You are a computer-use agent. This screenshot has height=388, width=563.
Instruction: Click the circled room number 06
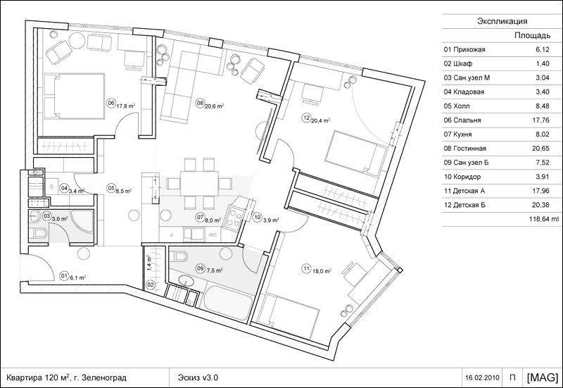(x=111, y=104)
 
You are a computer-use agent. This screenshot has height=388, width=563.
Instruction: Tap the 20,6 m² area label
(x=215, y=106)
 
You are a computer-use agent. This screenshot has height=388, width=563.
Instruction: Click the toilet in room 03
(x=37, y=234)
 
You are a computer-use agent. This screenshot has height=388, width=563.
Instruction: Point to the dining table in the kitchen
(x=199, y=183)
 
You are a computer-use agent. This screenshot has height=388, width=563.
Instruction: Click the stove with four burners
(x=235, y=216)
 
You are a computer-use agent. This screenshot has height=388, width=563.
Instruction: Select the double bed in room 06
(x=74, y=96)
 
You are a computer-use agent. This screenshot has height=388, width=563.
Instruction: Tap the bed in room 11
(x=289, y=309)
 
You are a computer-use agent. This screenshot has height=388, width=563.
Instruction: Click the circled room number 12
(x=306, y=118)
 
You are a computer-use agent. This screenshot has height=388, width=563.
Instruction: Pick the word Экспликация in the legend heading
(x=502, y=21)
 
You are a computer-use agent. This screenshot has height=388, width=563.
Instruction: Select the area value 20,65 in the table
(x=540, y=149)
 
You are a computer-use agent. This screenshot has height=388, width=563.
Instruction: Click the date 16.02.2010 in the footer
(x=482, y=377)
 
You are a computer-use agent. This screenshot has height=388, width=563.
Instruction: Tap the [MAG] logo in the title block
(x=543, y=377)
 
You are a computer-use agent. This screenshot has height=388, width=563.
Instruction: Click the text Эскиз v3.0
(x=198, y=377)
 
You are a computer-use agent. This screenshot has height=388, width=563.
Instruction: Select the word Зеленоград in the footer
(x=104, y=378)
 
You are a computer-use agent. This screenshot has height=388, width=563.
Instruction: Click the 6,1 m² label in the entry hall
(x=77, y=277)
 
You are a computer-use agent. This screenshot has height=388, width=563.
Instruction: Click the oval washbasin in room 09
(x=185, y=280)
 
